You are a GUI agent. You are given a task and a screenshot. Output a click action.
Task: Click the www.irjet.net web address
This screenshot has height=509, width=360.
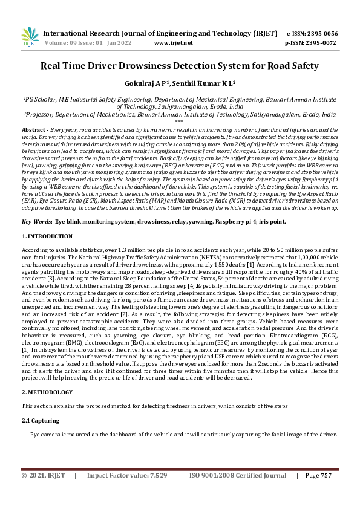(174, 44)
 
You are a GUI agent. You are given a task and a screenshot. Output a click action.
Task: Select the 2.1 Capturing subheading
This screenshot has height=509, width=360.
(41, 420)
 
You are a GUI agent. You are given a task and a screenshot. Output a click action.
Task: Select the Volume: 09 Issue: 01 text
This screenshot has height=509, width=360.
(80, 44)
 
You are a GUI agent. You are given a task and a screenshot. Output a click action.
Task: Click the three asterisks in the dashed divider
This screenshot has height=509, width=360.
(179, 122)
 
